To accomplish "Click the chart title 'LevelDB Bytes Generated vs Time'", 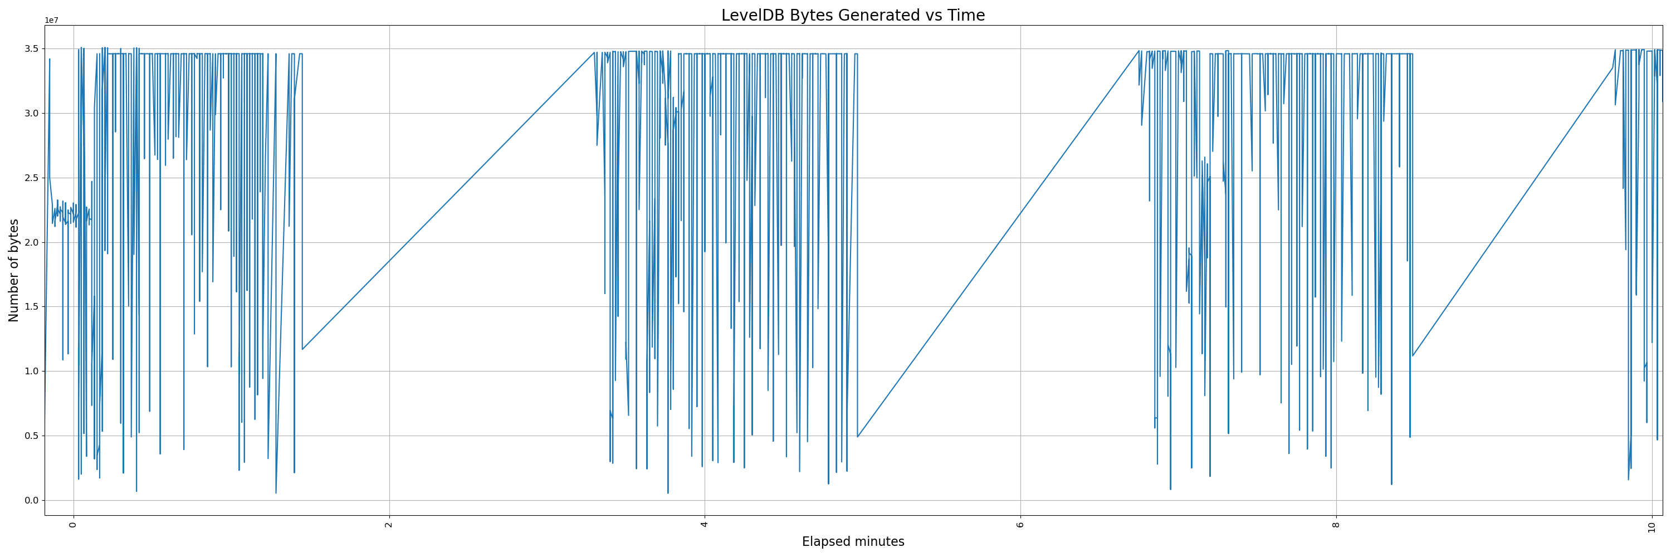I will point(852,15).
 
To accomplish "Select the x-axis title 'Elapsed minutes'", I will point(852,541).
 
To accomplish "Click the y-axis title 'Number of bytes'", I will point(13,270).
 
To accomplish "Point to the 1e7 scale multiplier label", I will point(51,20).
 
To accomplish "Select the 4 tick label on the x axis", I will point(705,525).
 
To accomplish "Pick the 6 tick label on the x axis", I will point(1020,525).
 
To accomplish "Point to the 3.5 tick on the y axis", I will point(31,48).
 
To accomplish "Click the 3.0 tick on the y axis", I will point(31,114).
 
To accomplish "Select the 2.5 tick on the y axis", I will point(31,178).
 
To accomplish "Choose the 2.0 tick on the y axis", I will point(31,242).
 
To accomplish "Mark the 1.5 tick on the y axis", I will point(31,307).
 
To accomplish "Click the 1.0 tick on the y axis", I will point(31,372).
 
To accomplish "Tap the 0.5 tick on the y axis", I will point(31,436).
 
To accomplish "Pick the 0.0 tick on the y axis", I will point(31,501).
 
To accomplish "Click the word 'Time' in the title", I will point(966,15).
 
